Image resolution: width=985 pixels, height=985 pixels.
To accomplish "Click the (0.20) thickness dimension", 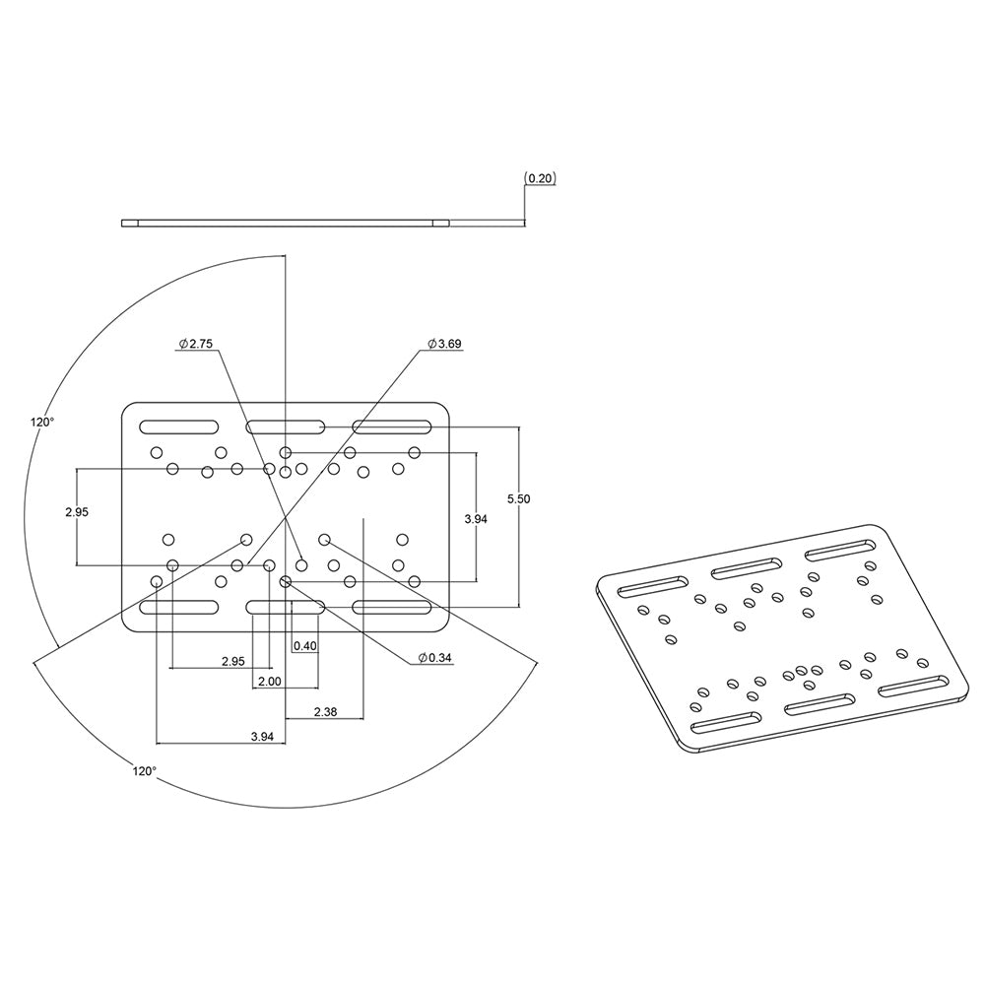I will [541, 178].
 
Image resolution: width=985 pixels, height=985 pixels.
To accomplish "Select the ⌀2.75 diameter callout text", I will [196, 344].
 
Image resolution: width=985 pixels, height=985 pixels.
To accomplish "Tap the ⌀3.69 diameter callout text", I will [444, 344].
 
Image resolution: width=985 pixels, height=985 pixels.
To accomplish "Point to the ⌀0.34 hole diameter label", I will [434, 657].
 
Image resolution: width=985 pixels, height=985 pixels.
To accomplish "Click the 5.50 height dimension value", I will [518, 499].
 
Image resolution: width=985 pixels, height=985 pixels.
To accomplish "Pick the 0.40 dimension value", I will [305, 646].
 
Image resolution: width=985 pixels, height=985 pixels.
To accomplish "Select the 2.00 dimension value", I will [269, 681].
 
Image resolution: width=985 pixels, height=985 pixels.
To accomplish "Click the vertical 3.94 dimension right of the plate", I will [475, 518].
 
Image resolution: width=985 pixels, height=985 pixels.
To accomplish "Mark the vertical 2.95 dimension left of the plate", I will [77, 512].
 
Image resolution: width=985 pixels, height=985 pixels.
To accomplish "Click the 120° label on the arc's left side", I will [42, 422].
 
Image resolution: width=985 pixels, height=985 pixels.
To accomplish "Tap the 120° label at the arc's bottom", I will [144, 771].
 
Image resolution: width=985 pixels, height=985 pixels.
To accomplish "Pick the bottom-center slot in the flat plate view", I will [286, 608].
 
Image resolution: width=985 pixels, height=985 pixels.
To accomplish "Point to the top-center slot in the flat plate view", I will [286, 427].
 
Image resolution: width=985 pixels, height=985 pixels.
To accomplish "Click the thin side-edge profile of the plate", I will [285, 224].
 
